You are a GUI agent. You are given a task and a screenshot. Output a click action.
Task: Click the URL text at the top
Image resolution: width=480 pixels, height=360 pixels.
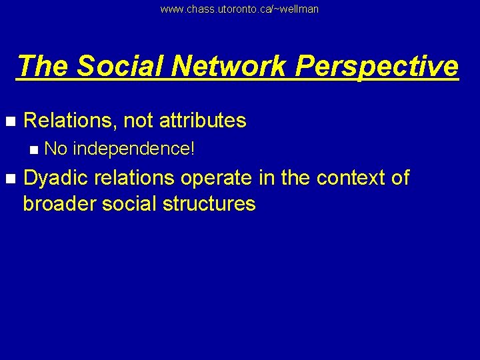[239, 9]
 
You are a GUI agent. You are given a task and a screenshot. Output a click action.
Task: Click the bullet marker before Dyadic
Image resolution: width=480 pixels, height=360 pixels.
[9, 179]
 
